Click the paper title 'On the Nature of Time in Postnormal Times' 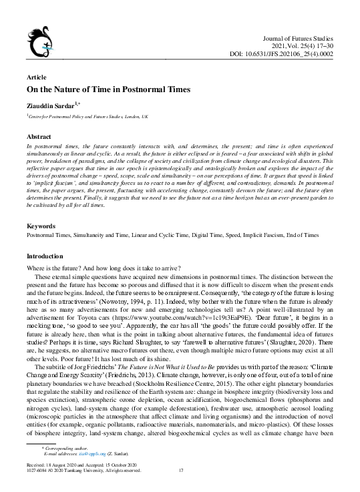(x=108, y=89)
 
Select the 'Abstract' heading (x=39, y=135)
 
